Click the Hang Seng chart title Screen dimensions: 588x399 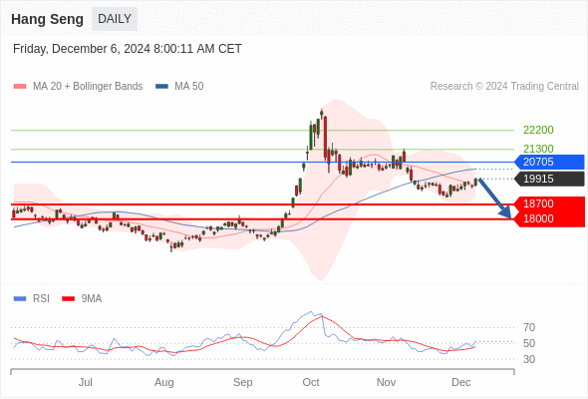coord(47,19)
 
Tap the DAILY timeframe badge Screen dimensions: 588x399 coord(115,19)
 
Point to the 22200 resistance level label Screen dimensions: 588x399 coord(538,130)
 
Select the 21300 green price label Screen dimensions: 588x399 coord(538,149)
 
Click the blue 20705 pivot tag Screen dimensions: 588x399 coord(549,162)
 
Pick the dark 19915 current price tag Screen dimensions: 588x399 coord(549,179)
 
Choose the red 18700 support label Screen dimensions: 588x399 coord(549,203)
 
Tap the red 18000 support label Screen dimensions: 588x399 coord(549,218)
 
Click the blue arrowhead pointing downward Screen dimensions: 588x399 coord(506,212)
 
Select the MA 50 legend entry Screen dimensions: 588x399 coord(179,87)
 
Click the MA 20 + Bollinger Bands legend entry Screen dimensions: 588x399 coord(78,87)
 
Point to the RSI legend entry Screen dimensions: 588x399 coord(32,299)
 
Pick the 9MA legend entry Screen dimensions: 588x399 coord(82,299)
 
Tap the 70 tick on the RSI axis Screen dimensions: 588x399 coord(529,327)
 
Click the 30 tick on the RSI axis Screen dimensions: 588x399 coord(529,359)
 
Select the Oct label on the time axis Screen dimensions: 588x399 coord(311,382)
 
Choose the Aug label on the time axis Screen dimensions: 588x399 coord(163,382)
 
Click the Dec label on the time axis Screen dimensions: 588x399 coord(460,382)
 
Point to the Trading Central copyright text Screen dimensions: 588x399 coord(504,87)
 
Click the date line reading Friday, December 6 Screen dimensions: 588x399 coord(128,49)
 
